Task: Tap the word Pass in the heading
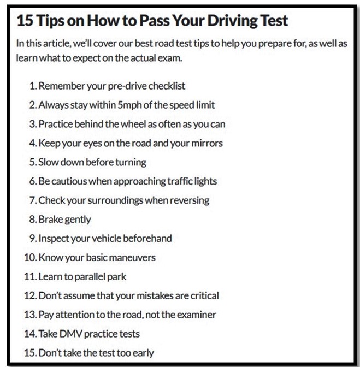154,20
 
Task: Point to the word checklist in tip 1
167,86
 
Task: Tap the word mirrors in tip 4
207,143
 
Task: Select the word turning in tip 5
131,162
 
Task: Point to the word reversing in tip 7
190,200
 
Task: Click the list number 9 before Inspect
33,238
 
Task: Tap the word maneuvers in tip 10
132,257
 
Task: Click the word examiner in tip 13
196,315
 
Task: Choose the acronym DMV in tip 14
70,334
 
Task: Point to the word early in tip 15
143,353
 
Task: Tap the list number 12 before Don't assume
31,295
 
